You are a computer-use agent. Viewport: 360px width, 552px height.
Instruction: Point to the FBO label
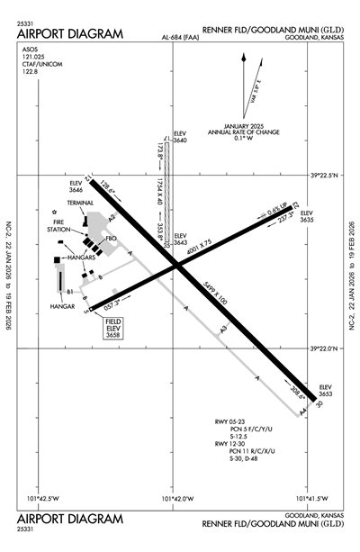(112, 238)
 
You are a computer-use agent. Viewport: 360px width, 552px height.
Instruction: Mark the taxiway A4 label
(303, 412)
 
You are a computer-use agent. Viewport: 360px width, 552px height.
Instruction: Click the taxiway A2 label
(112, 217)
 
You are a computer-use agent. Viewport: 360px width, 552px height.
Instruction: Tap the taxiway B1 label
(69, 291)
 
